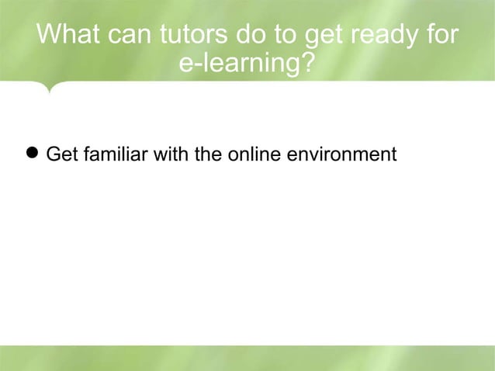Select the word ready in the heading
pos(386,36)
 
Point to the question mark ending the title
pos(308,64)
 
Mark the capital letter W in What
pos(49,36)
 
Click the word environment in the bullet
pos(341,155)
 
